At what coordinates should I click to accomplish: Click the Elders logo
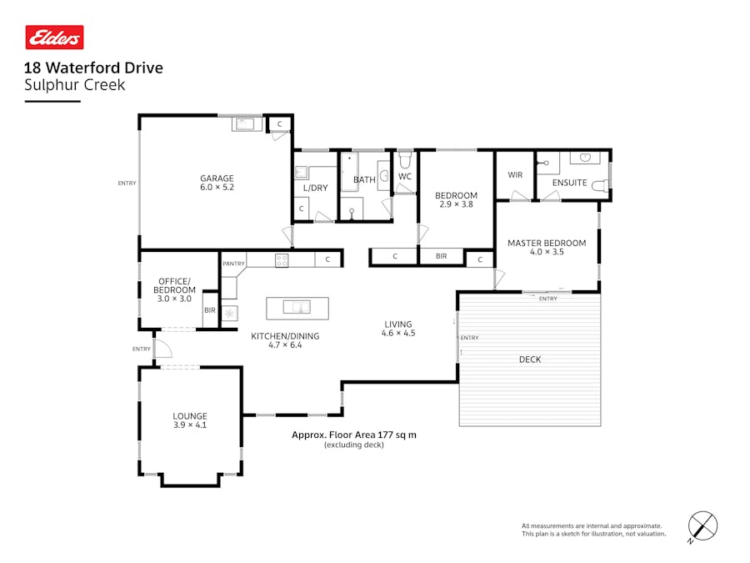coord(54,38)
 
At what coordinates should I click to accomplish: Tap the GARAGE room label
coord(217,178)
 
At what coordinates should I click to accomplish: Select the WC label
coord(405,177)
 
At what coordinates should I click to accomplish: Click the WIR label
coord(515,175)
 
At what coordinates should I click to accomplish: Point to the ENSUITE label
coord(570,183)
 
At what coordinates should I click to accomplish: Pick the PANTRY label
coord(233,264)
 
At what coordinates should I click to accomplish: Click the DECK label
coord(530,359)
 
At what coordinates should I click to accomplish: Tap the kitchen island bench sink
coord(297,308)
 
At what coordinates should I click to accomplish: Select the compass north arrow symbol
coord(702,526)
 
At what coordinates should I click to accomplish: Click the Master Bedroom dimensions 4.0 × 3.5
coord(547,251)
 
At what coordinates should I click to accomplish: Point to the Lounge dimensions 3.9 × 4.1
coord(190,425)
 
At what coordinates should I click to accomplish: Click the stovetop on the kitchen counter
coord(282,259)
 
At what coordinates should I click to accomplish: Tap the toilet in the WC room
coord(405,158)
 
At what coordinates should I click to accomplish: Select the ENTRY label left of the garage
coord(127,183)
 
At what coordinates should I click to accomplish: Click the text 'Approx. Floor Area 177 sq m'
coord(353,435)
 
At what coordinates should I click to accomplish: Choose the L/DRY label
coord(316,188)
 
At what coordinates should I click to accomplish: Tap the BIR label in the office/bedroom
coord(209,310)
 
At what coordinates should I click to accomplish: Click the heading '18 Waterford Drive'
coord(93,68)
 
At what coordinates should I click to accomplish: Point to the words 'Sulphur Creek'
coord(74,84)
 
